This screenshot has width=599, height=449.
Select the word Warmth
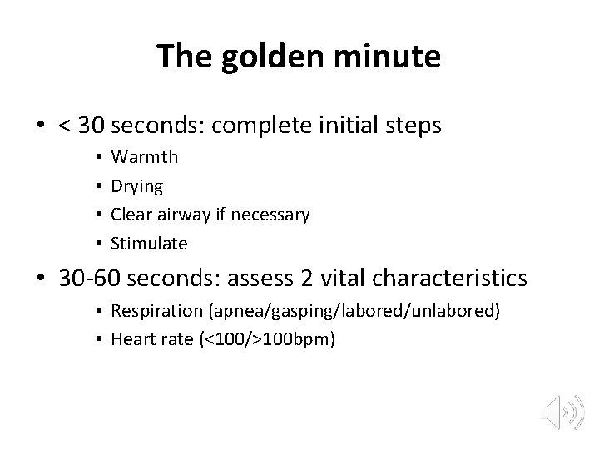[145, 156]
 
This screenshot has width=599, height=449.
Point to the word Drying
[137, 185]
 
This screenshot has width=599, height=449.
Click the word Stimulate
[149, 244]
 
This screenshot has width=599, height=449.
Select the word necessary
[270, 215]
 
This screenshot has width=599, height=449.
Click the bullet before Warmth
[98, 156]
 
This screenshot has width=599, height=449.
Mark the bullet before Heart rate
[98, 339]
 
